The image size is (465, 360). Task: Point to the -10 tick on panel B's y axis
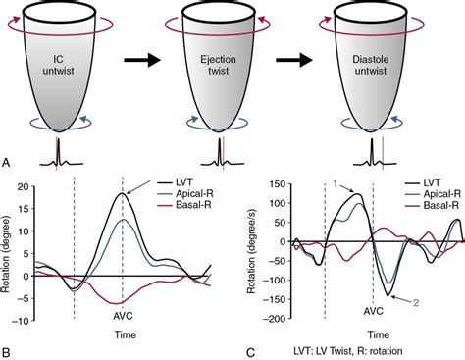click(27, 319)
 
